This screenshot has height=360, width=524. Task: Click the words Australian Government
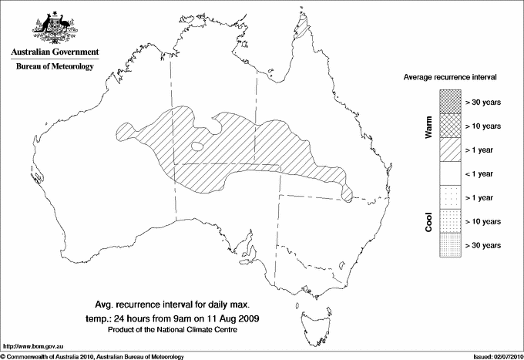[54, 52]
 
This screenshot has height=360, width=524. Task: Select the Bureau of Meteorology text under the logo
[55, 67]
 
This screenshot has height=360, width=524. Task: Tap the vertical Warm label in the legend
[428, 126]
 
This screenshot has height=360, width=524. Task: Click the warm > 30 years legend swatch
[449, 100]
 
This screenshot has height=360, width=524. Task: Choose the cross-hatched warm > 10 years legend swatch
[449, 125]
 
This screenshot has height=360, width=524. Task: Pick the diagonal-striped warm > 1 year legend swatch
[449, 149]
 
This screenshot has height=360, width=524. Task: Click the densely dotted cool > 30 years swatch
[449, 244]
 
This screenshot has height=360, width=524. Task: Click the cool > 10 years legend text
[484, 221]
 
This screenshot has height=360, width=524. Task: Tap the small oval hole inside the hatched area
[196, 145]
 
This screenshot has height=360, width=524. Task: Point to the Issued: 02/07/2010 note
[494, 355]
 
